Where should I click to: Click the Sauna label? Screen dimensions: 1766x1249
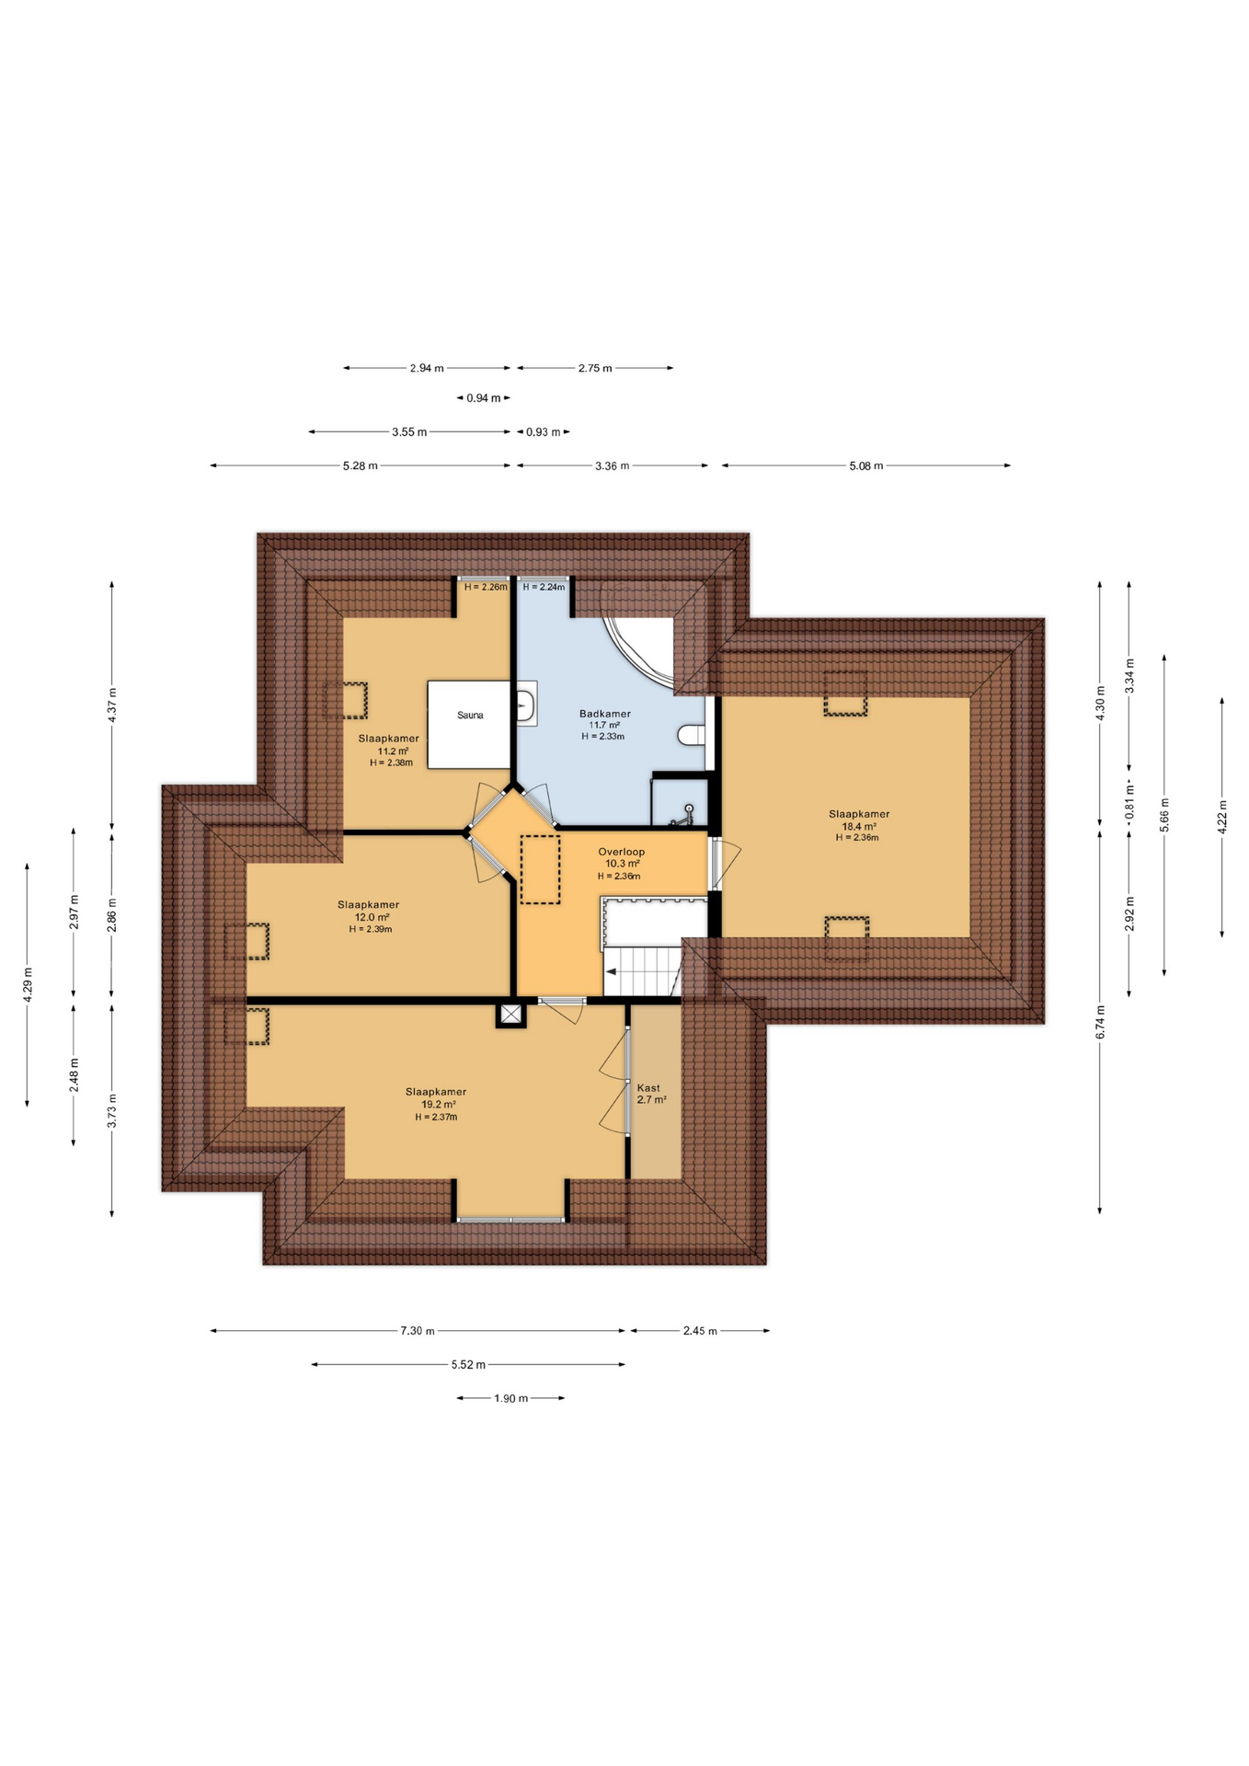pyautogui.click(x=470, y=715)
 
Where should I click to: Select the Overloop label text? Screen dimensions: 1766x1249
pyautogui.click(x=621, y=852)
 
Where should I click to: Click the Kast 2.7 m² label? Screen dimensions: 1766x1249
pyautogui.click(x=650, y=1093)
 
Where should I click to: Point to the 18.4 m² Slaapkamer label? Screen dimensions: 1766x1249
pyautogui.click(x=858, y=825)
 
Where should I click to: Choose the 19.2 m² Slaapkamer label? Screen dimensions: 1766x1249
pyautogui.click(x=436, y=1104)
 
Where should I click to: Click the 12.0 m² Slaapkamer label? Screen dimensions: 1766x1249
pyautogui.click(x=369, y=916)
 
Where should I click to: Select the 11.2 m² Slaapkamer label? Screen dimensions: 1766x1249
pyautogui.click(x=389, y=750)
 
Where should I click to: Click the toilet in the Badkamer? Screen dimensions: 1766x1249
pyautogui.click(x=692, y=734)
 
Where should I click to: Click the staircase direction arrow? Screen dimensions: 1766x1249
pyautogui.click(x=611, y=971)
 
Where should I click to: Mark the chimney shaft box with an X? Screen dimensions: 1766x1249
pyautogui.click(x=511, y=1015)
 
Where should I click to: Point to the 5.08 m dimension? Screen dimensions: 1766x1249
pyautogui.click(x=865, y=465)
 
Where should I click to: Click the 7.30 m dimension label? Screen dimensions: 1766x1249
pyautogui.click(x=417, y=1330)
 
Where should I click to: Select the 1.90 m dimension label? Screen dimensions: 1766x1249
pyautogui.click(x=510, y=1398)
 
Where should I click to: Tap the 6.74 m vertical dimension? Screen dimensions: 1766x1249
pyautogui.click(x=1100, y=1022)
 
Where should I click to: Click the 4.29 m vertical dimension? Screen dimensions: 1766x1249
pyautogui.click(x=28, y=983)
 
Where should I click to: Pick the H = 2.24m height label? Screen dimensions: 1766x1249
pyautogui.click(x=544, y=587)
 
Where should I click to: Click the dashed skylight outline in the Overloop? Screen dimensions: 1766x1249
pyautogui.click(x=540, y=868)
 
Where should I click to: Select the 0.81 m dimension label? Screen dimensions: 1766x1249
pyautogui.click(x=1129, y=801)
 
